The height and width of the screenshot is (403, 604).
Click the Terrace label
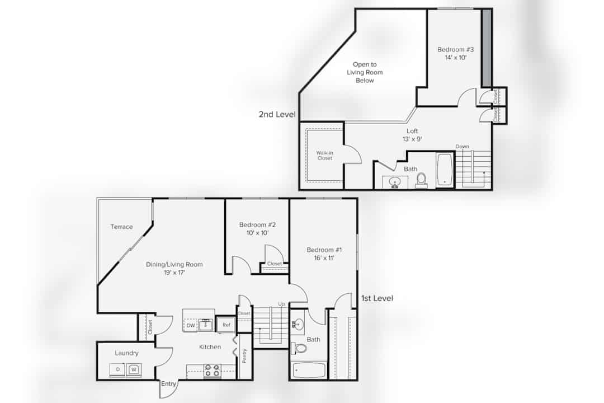click(121, 227)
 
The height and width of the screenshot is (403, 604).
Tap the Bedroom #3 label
click(455, 49)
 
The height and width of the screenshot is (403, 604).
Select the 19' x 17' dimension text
click(174, 273)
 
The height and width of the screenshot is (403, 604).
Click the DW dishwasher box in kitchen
click(191, 326)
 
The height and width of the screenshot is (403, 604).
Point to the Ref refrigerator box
click(226, 325)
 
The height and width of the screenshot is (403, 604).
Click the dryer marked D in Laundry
click(118, 369)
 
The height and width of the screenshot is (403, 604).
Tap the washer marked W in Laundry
click(134, 369)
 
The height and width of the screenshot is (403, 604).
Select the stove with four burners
click(212, 371)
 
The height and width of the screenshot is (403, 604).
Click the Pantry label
click(244, 355)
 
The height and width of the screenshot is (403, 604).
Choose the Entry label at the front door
click(168, 384)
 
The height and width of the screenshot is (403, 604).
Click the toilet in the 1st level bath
click(299, 348)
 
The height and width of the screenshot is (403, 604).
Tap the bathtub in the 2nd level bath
click(445, 170)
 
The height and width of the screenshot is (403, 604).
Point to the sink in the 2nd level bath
click(394, 182)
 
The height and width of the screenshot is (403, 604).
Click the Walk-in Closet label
click(325, 156)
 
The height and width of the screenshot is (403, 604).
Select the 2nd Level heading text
click(277, 114)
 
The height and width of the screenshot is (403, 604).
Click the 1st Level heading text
click(377, 298)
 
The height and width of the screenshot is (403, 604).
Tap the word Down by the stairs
click(463, 147)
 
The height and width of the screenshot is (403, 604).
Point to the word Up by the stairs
click(281, 304)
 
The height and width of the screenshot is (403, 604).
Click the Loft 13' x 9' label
click(412, 135)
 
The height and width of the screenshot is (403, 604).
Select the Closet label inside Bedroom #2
click(274, 264)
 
